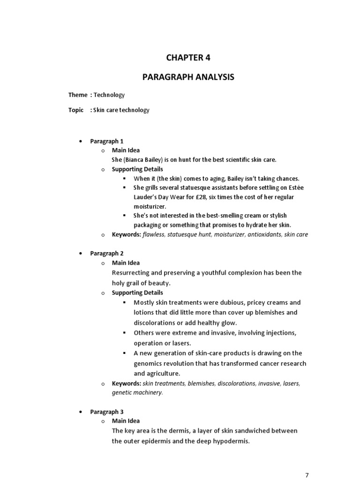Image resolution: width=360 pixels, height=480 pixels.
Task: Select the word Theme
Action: [78, 95]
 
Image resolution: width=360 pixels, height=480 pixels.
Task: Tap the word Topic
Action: [76, 110]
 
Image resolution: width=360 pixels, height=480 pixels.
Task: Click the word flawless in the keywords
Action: [154, 235]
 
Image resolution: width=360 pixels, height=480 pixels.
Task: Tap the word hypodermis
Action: [227, 441]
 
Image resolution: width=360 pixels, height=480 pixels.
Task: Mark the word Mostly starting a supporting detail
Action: [144, 303]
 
